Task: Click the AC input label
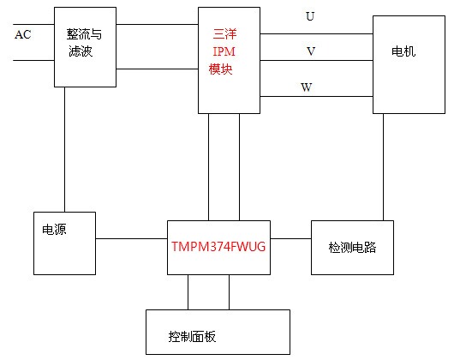(23, 34)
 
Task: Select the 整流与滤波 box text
(84, 42)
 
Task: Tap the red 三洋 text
(224, 34)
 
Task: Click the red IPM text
(224, 51)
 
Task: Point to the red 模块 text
(221, 69)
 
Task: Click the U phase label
(310, 16)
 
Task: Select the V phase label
(311, 51)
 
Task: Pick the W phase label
(307, 87)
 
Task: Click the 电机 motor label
(403, 51)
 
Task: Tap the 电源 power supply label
(54, 230)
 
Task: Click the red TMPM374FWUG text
(218, 247)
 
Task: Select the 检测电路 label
(352, 248)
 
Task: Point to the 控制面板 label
(192, 337)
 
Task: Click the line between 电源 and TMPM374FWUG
(131, 238)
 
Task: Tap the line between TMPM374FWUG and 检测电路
(290, 238)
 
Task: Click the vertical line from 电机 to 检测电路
(384, 167)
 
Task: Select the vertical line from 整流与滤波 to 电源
(64, 149)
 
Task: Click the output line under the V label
(316, 60)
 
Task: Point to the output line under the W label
(316, 96)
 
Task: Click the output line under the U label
(316, 33)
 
